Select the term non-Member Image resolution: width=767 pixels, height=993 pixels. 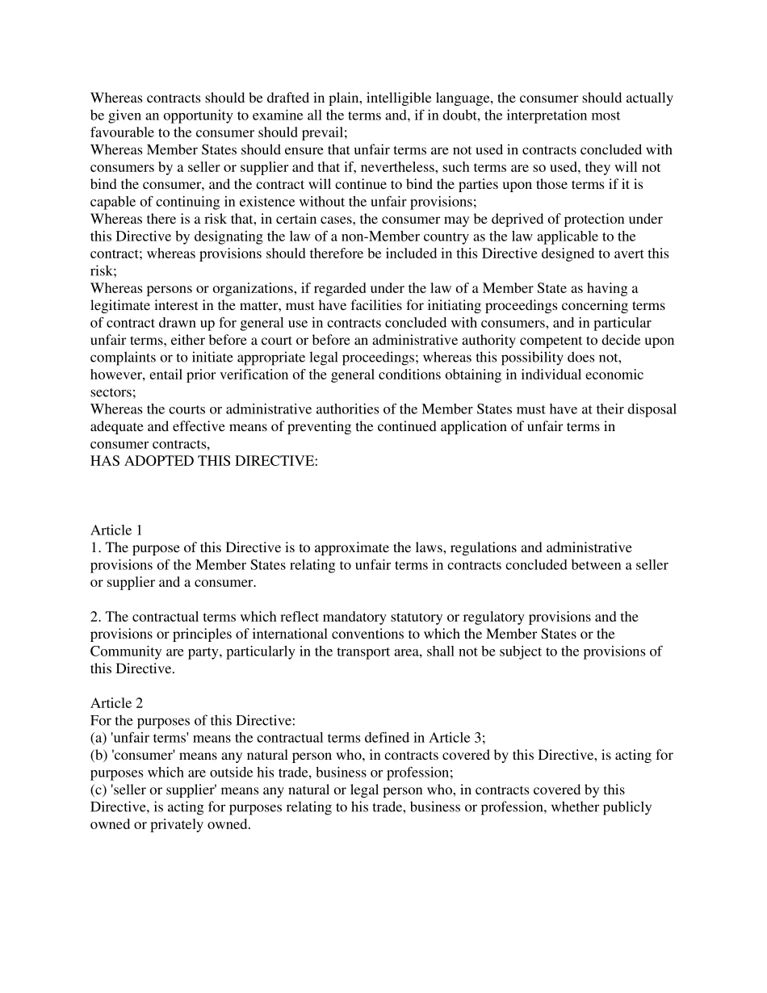tap(450, 237)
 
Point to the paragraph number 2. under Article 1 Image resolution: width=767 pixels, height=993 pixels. tap(96, 618)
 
